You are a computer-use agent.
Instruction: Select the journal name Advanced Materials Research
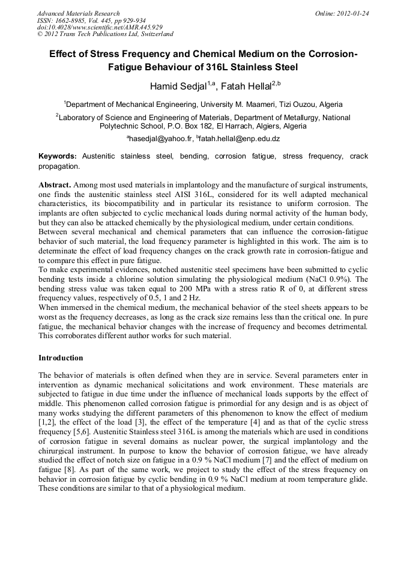78,13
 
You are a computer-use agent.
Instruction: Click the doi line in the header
99,28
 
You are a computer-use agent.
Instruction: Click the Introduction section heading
61,358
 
